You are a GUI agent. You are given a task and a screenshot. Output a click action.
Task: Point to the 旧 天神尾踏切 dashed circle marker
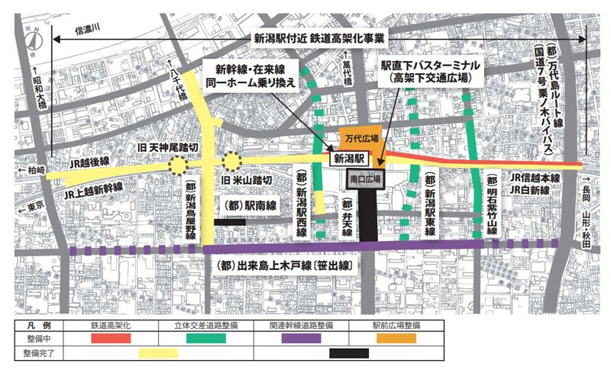(179, 164)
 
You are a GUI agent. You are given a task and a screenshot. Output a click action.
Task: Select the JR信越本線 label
(535, 177)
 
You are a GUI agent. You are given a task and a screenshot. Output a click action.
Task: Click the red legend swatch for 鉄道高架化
(113, 337)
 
